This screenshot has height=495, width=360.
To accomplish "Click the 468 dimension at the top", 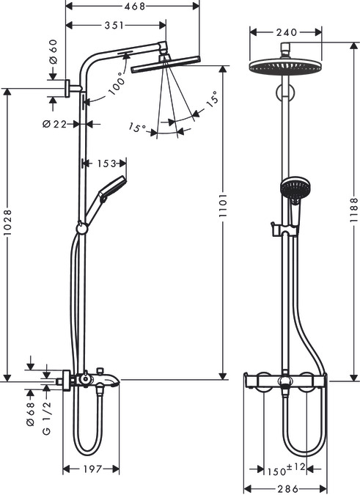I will pos(133,6).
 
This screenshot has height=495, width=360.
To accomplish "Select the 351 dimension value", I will pos(113,26).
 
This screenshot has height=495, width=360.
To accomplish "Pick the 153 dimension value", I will pos(103,163).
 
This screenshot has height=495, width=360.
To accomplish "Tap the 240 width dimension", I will pos(286,32).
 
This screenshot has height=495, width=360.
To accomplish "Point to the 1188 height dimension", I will pos(353,208).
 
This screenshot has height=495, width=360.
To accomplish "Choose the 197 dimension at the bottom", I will pos(92,469).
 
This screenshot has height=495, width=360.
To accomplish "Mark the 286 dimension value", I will pos(286,489).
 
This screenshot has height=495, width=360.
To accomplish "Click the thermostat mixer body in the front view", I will pos(286,380).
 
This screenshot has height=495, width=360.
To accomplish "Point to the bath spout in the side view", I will pos(107,380).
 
